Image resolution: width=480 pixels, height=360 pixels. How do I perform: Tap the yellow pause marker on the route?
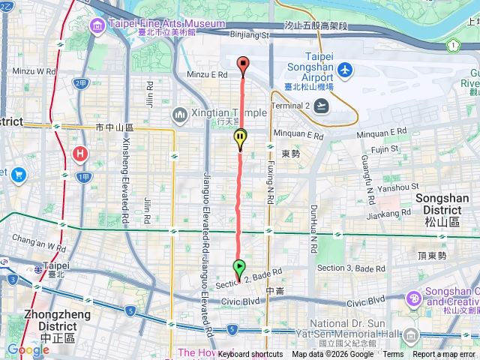(x=240, y=138)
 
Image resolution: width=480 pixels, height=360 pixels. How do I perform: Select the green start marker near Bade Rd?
(x=238, y=267)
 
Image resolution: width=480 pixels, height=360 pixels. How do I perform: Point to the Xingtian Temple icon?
(x=179, y=114)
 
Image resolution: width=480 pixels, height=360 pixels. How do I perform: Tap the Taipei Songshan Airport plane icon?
(x=345, y=70)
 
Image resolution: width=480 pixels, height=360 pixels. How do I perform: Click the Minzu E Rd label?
(x=207, y=75)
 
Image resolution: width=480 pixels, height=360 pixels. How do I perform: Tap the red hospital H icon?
(x=80, y=155)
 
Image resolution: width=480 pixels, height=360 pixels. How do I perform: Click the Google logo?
(x=28, y=349)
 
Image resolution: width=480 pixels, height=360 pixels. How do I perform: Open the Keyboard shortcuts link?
(x=250, y=354)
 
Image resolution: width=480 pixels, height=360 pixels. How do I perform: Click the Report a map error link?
(x=445, y=354)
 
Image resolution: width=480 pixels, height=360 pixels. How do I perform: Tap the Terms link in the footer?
(x=393, y=354)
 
